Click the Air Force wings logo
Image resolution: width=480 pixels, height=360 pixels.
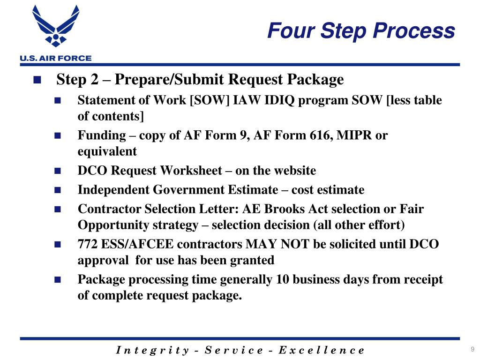56,26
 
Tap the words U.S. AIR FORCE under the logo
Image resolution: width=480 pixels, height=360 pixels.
56,58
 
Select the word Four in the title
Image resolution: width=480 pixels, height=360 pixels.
291,30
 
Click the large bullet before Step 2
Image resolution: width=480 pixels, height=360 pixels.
37,80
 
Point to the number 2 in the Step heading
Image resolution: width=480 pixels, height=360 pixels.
94,79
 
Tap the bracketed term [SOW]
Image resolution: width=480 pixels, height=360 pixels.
210,100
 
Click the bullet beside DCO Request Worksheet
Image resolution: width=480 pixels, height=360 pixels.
58,171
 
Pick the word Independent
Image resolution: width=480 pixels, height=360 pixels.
113,190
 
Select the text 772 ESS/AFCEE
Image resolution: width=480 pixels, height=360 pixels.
126,244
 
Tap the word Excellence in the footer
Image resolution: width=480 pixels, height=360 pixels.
322,350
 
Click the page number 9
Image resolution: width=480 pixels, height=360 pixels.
472,349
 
